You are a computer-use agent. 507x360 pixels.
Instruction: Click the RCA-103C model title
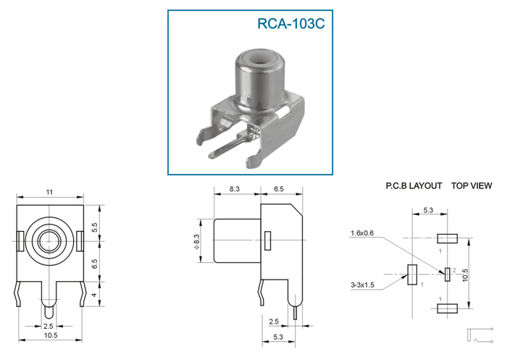[291, 23]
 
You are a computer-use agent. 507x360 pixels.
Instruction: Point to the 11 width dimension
[49, 192]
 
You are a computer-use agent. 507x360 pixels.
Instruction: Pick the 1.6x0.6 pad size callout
[362, 233]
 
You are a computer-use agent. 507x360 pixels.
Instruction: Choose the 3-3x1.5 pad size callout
[361, 285]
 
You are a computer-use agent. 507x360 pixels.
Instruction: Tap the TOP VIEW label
[472, 186]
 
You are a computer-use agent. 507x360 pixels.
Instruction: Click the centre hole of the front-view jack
[49, 239]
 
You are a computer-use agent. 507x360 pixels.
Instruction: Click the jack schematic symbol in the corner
[479, 335]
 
